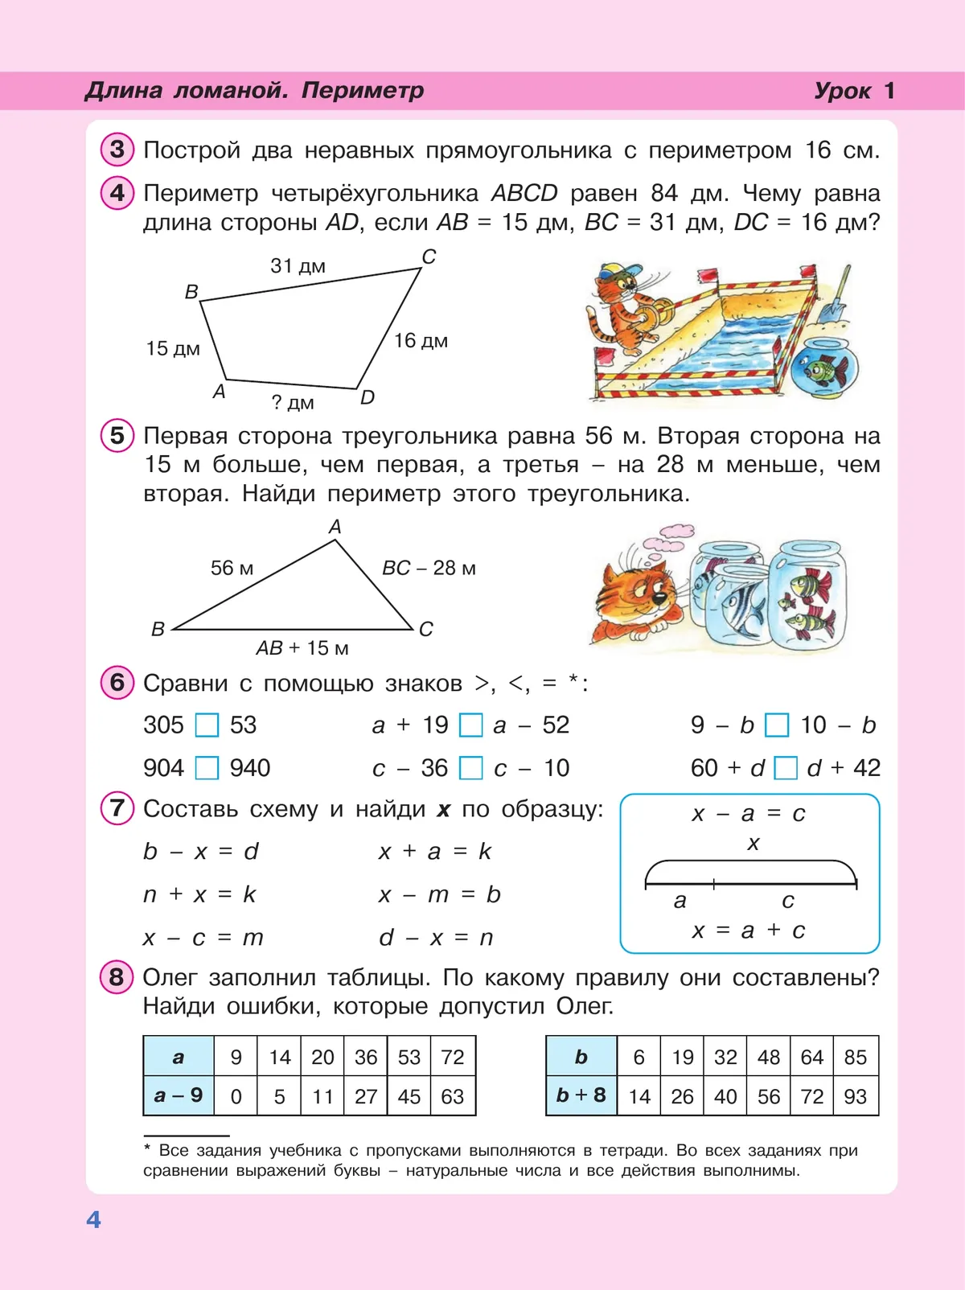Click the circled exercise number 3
[117, 150]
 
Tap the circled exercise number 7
[117, 807]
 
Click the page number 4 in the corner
[93, 1219]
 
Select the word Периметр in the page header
[362, 90]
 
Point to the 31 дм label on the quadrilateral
[298, 265]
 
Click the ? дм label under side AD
[293, 402]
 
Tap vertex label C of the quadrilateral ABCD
[429, 257]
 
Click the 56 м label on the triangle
[232, 568]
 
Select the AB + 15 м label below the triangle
[302, 647]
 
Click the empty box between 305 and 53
[207, 725]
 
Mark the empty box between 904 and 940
[207, 768]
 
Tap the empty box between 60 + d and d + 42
[785, 768]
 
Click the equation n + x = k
[199, 894]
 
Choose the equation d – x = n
[436, 938]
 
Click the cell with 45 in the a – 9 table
[409, 1096]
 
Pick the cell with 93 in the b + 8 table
[856, 1096]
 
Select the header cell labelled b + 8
[581, 1095]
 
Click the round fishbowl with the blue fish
[823, 368]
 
